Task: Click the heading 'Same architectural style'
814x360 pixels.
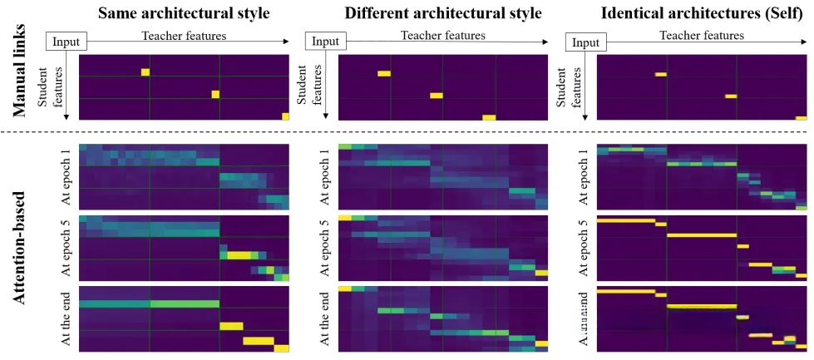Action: pyautogui.click(x=183, y=13)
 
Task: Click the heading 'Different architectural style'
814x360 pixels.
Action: pyautogui.click(x=432, y=13)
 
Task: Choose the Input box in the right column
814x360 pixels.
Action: pyautogui.click(x=586, y=42)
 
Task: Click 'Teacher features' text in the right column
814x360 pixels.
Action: pyautogui.click(x=701, y=35)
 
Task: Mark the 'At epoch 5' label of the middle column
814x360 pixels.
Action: pyautogui.click(x=325, y=248)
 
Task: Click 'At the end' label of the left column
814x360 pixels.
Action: pyautogui.click(x=67, y=319)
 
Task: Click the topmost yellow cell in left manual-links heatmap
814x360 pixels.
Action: pyautogui.click(x=146, y=72)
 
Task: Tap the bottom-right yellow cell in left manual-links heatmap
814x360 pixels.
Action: pyautogui.click(x=286, y=116)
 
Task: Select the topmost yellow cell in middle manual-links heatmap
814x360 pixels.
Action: pyautogui.click(x=383, y=74)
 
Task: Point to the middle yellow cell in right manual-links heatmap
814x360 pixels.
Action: pyautogui.click(x=730, y=96)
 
